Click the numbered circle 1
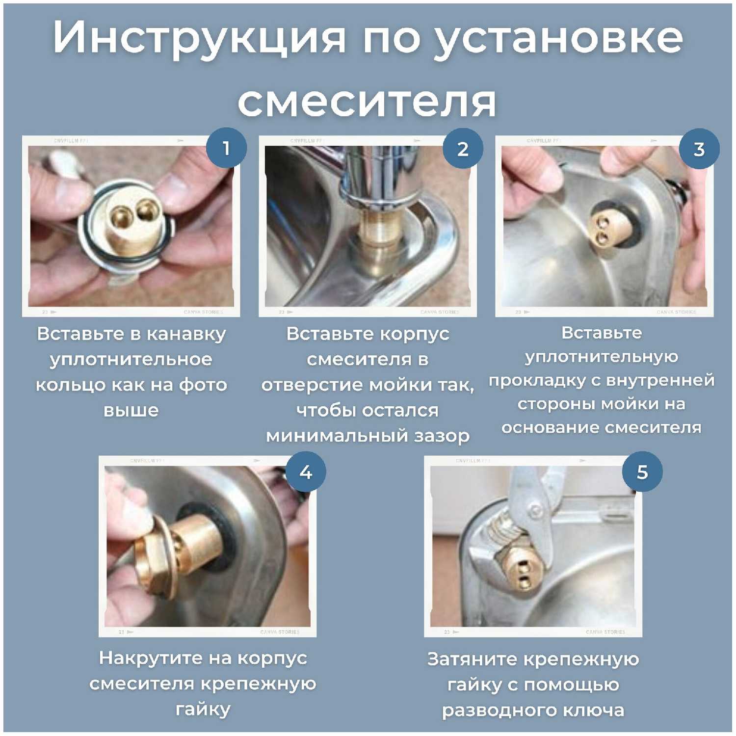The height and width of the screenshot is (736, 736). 226,148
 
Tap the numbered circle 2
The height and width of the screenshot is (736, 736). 463,148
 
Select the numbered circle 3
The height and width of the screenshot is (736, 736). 699,148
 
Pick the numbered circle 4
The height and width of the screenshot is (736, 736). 306,472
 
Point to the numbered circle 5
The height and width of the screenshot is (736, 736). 642,472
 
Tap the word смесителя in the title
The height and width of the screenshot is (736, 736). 367,102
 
